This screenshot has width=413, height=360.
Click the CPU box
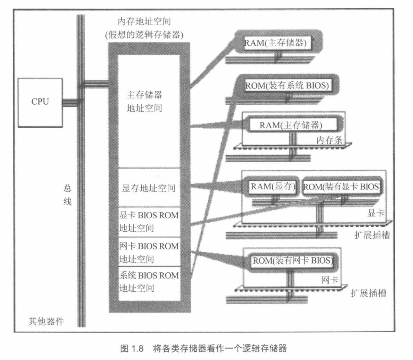click(40, 102)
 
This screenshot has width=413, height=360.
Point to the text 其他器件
click(46, 321)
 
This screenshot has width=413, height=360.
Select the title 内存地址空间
click(144, 22)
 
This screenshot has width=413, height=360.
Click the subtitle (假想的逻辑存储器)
click(144, 35)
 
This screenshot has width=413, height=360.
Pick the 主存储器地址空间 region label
click(144, 101)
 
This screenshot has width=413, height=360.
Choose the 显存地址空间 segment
click(149, 188)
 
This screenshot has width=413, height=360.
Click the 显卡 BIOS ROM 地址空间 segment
click(149, 222)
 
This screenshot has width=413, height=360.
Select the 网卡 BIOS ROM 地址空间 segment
click(149, 252)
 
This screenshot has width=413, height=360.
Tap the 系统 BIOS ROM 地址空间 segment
click(149, 282)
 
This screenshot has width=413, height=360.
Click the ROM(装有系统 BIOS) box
click(287, 85)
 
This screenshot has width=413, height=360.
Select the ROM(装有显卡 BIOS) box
click(341, 187)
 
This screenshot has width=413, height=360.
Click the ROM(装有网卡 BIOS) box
click(292, 260)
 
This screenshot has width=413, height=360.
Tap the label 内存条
click(329, 140)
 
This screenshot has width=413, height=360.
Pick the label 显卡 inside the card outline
click(376, 213)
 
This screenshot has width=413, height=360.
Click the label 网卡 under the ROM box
click(329, 280)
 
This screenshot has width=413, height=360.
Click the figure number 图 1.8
click(132, 348)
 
